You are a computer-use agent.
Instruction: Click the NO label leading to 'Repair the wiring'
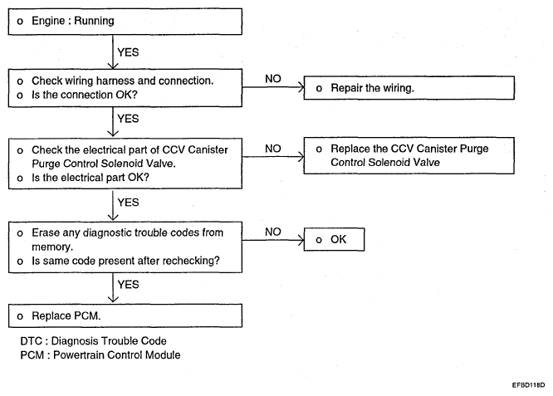273,79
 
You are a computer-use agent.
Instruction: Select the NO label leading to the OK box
273,232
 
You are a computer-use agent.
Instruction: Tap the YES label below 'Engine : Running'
128,52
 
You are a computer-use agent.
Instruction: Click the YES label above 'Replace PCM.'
128,285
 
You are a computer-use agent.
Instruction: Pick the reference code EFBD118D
528,385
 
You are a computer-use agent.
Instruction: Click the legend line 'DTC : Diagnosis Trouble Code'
94,341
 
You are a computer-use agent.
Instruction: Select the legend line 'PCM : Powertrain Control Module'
100,354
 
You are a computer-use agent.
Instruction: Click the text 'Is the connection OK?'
85,95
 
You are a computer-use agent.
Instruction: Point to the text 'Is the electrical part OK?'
91,178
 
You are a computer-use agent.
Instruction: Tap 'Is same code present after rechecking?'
125,261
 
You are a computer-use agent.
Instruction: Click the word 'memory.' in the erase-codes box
52,247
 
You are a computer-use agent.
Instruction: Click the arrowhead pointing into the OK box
301,241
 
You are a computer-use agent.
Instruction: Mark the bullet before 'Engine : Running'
20,22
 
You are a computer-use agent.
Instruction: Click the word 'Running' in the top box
94,21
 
